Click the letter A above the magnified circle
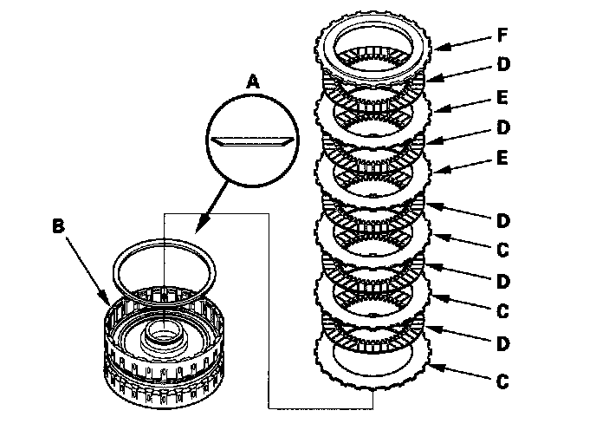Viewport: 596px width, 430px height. point(253,81)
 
